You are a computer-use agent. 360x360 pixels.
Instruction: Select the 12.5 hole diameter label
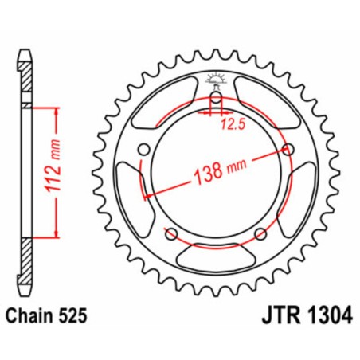232,124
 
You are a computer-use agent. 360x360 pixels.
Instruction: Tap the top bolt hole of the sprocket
214,100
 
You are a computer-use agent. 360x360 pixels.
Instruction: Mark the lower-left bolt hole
170,233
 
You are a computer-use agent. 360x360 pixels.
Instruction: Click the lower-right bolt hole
259,233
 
